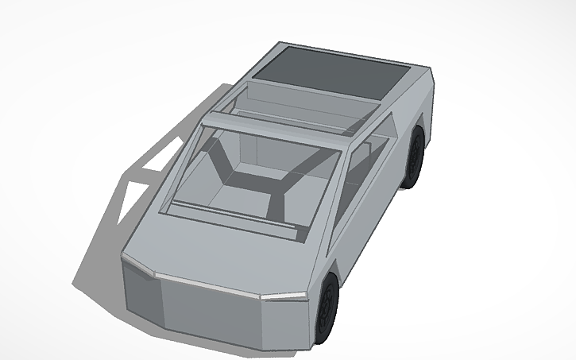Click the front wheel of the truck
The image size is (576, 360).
(327, 307)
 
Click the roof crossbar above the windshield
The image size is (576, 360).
(278, 127)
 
